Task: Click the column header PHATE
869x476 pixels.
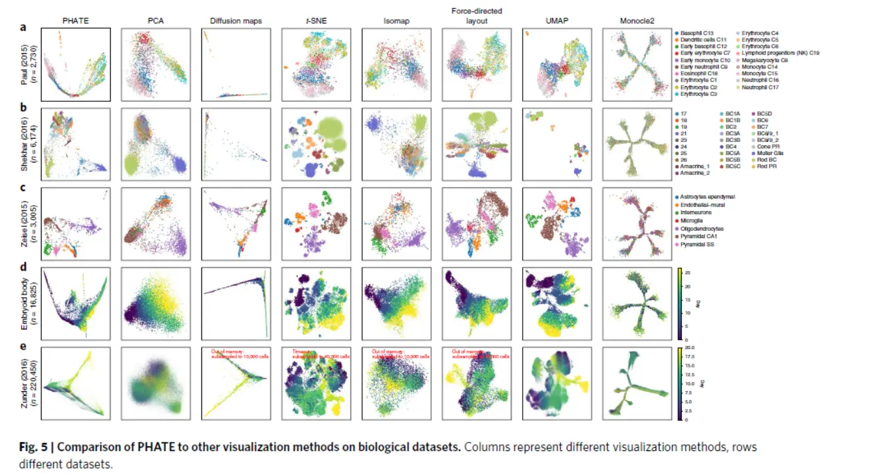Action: point(74,21)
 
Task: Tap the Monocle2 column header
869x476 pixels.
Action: point(634,21)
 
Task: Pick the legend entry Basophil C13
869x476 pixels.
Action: point(700,32)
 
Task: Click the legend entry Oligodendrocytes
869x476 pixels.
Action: point(706,229)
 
